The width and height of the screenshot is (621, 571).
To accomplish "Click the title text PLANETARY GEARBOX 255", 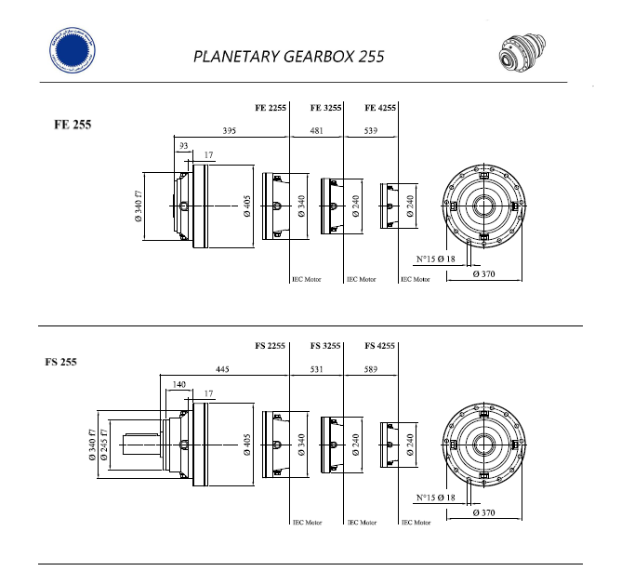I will (288, 56).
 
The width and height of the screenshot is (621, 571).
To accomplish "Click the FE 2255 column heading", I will (271, 109).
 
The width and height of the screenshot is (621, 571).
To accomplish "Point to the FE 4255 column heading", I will (380, 109).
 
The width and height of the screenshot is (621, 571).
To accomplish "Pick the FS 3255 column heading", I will (326, 346).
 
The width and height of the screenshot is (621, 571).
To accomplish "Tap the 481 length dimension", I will (317, 131).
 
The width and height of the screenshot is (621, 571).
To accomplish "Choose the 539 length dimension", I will (371, 131).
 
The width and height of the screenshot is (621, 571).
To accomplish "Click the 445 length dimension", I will (223, 369).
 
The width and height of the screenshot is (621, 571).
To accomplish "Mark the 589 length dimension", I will (371, 369).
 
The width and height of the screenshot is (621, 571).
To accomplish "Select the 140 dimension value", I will (180, 384).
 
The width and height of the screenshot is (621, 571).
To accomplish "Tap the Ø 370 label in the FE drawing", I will (483, 275).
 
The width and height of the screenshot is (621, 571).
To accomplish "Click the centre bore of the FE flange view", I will (482, 205).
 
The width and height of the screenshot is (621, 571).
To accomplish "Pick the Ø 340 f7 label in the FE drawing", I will (139, 206).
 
